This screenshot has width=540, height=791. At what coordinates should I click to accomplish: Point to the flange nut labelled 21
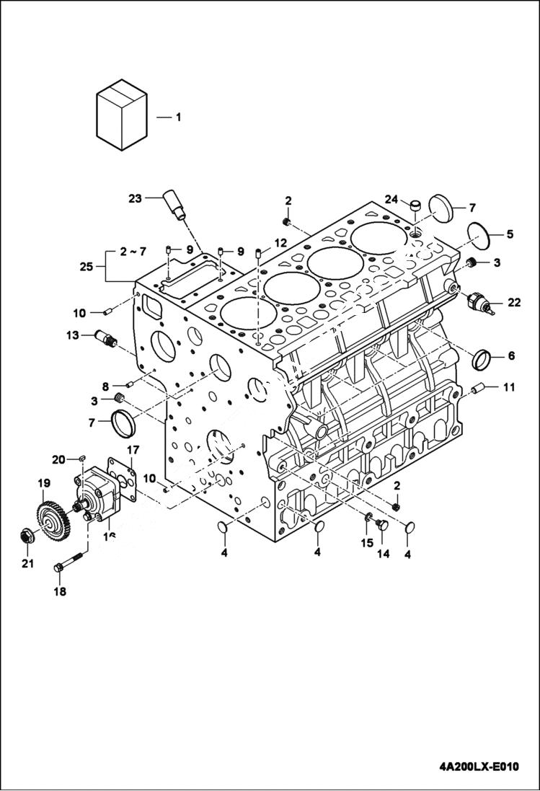click(x=27, y=538)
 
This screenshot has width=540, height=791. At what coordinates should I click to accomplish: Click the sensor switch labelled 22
click(x=480, y=303)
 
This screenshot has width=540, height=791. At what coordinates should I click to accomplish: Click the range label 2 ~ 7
click(x=133, y=251)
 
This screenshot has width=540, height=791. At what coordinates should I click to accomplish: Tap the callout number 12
click(x=280, y=242)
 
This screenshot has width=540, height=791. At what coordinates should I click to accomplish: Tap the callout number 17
click(x=133, y=451)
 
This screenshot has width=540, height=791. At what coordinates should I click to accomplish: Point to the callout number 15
click(x=367, y=542)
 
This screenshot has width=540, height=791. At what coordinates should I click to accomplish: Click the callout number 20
click(x=58, y=459)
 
